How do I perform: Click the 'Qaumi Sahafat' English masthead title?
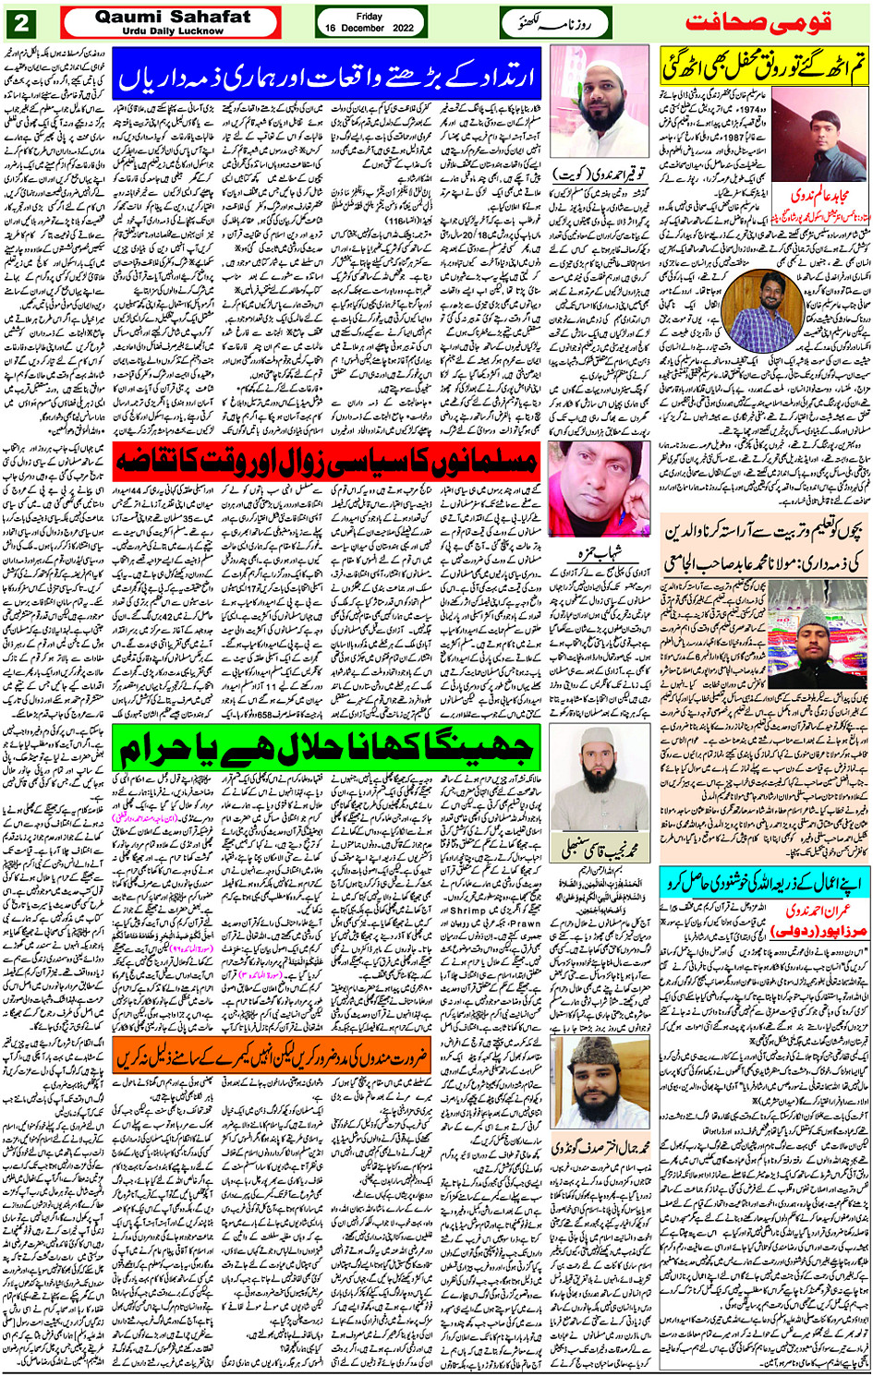172,17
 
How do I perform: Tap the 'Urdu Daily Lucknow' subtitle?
172,31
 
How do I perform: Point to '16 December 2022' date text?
370,29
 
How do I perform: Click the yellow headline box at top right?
763,67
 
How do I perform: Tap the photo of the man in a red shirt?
599,489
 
